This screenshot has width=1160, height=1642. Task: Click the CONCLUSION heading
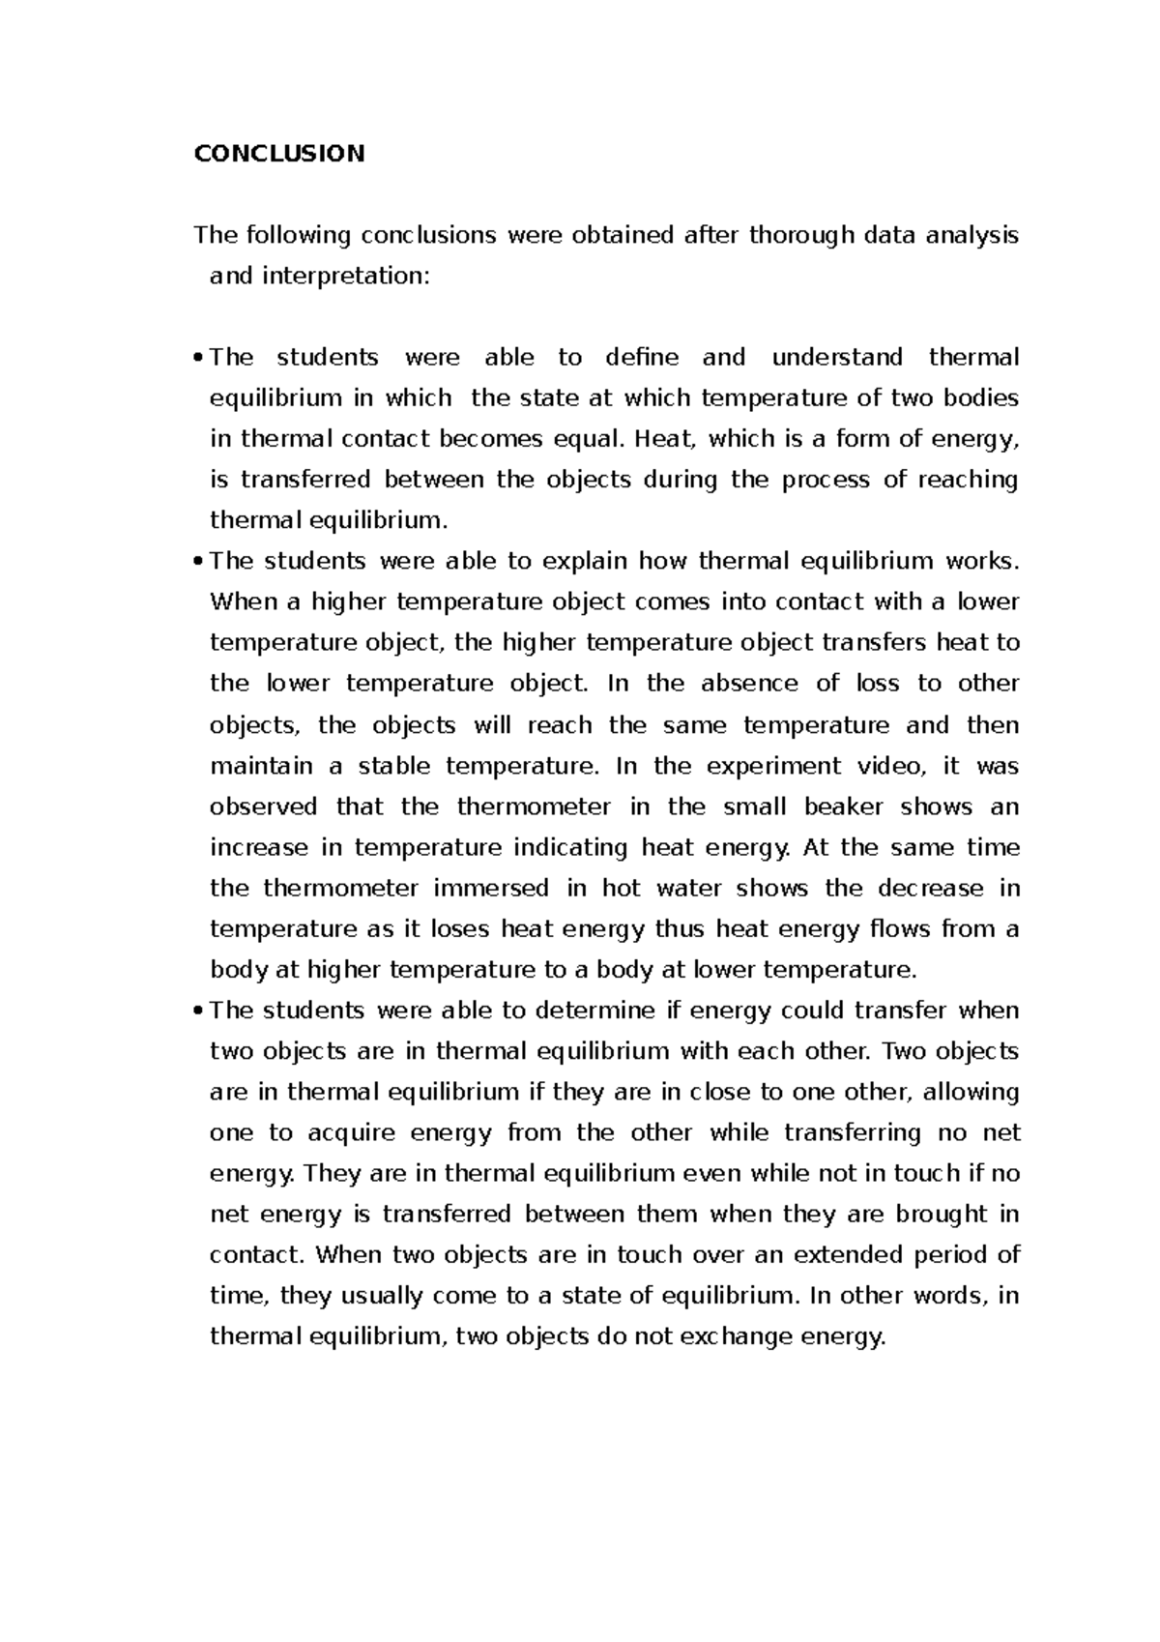coord(279,154)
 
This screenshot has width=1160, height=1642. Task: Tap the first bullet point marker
coord(198,359)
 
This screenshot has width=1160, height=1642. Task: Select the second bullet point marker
coord(198,562)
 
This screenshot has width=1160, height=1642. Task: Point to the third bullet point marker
coord(198,1012)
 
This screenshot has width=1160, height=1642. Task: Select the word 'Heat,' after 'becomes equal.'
coord(665,439)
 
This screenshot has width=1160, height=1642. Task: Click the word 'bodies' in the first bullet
coord(981,398)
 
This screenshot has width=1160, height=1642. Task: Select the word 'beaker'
coord(839,806)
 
